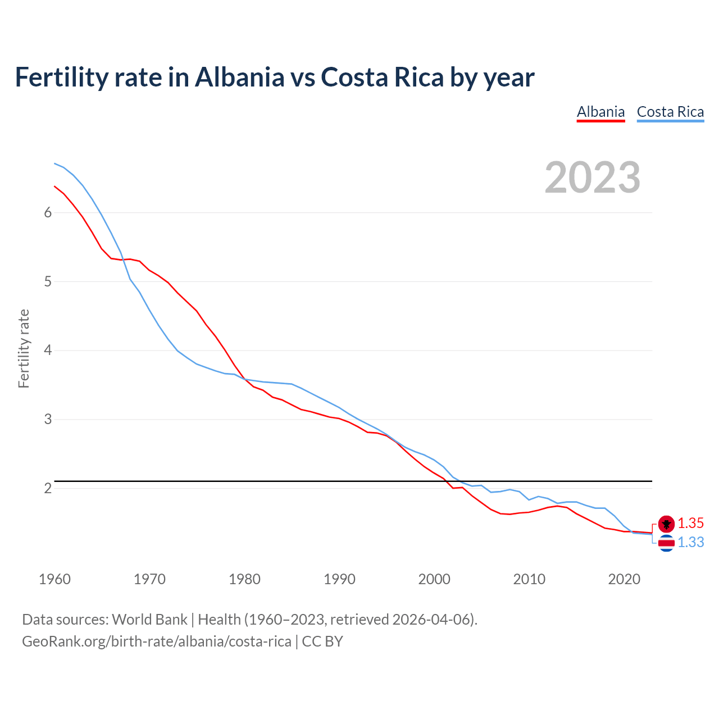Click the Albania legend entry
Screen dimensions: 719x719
click(x=600, y=112)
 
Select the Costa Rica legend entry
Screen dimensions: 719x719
click(x=670, y=112)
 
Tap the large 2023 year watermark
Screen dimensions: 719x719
click(x=592, y=178)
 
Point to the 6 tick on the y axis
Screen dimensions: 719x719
click(x=48, y=212)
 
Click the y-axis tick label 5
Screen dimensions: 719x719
click(x=48, y=281)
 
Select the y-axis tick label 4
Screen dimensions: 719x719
click(x=48, y=351)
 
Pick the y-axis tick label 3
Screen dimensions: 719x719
click(x=48, y=420)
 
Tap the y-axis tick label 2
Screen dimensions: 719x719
click(x=48, y=489)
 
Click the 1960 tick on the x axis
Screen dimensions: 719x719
click(x=54, y=579)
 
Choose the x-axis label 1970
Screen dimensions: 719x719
click(x=149, y=579)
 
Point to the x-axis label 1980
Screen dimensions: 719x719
click(x=244, y=579)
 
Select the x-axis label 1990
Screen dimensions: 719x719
click(x=339, y=579)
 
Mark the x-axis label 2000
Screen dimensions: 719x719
click(x=434, y=579)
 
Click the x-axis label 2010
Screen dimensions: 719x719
click(x=529, y=579)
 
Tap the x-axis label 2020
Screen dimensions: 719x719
click(x=624, y=579)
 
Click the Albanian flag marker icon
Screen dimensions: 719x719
click(x=666, y=524)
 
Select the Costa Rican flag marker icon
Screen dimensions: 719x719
click(x=666, y=543)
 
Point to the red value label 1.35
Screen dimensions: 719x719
click(x=690, y=524)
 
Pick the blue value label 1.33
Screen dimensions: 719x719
click(x=690, y=543)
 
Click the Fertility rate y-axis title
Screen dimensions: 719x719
click(x=24, y=348)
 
